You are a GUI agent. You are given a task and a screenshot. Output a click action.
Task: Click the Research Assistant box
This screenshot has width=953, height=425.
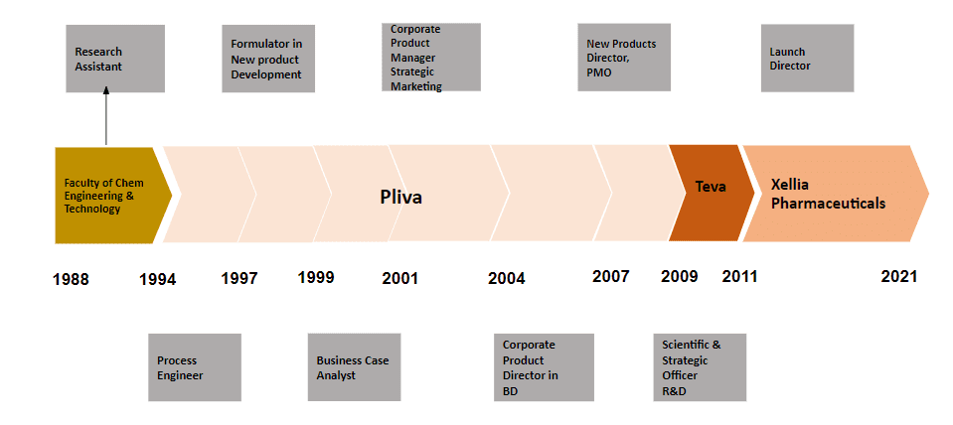pos(115,59)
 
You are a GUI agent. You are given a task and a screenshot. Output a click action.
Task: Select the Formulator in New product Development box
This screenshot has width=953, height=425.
pos(268,59)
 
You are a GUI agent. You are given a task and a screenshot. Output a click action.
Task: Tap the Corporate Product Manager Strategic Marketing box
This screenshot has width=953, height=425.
pos(431,57)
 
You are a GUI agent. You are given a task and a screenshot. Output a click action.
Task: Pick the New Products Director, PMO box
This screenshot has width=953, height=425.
pos(624,57)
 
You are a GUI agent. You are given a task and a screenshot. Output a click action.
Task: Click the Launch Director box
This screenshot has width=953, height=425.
pos(807,58)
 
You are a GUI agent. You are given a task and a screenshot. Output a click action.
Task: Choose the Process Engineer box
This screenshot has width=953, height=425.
pos(195,367)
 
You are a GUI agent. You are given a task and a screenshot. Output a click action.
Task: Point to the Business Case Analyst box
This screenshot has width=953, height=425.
pos(354,366)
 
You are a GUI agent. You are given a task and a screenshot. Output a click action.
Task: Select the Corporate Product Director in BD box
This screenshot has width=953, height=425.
pos(544,367)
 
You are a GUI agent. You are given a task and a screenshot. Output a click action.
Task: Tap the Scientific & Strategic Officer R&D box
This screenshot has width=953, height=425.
pos(700,367)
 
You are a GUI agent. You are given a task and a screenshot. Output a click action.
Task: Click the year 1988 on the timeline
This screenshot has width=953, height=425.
pos(71,279)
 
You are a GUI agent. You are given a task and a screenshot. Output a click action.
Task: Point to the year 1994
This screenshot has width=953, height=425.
pos(157,279)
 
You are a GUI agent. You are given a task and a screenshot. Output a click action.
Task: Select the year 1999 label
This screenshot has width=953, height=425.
pos(316,277)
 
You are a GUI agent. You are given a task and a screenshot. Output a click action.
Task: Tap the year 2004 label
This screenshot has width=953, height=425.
pos(506,278)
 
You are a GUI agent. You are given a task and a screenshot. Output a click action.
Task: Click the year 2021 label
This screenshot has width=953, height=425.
pos(899,276)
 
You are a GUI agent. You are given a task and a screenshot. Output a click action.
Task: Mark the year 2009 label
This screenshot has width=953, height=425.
pos(680,276)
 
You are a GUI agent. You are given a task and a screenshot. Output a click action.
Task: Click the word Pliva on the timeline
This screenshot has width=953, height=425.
pos(401,198)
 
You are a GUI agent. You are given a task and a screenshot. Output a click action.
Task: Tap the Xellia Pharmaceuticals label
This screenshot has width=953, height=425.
pos(828,195)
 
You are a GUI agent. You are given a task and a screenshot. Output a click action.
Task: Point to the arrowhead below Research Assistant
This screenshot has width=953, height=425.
pos(106,89)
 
